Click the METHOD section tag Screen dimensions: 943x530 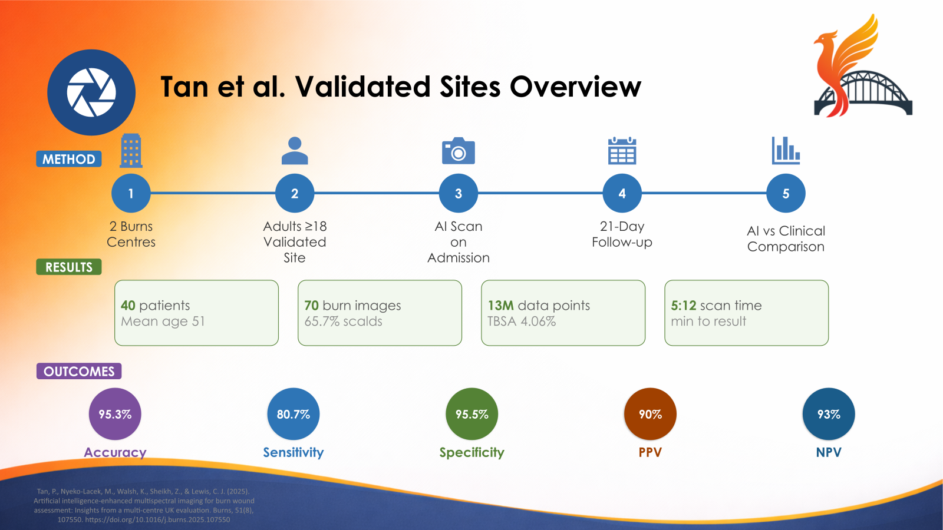coord(68,159)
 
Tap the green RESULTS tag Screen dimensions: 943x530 coord(68,267)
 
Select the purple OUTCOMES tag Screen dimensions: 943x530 coord(79,372)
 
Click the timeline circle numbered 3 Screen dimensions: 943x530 coord(459,194)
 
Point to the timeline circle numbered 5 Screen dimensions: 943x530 coord(786,194)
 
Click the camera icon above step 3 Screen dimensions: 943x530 coord(459,151)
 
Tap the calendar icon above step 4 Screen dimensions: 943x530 coord(622,150)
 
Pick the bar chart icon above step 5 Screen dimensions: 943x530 coord(786,150)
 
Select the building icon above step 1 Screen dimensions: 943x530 coord(131,151)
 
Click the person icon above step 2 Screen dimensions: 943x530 coord(295,151)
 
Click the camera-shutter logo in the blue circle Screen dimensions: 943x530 coord(91,92)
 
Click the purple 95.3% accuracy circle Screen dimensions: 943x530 coord(115,414)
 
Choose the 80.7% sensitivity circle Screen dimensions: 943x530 coord(294,414)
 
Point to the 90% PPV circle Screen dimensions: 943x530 coord(651,414)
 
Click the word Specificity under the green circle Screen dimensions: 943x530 coord(472,453)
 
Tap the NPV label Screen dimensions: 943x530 coord(829,452)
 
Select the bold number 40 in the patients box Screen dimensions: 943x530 coord(128,306)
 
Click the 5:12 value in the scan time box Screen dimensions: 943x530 coord(684,306)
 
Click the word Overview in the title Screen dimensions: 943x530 coord(575,87)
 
